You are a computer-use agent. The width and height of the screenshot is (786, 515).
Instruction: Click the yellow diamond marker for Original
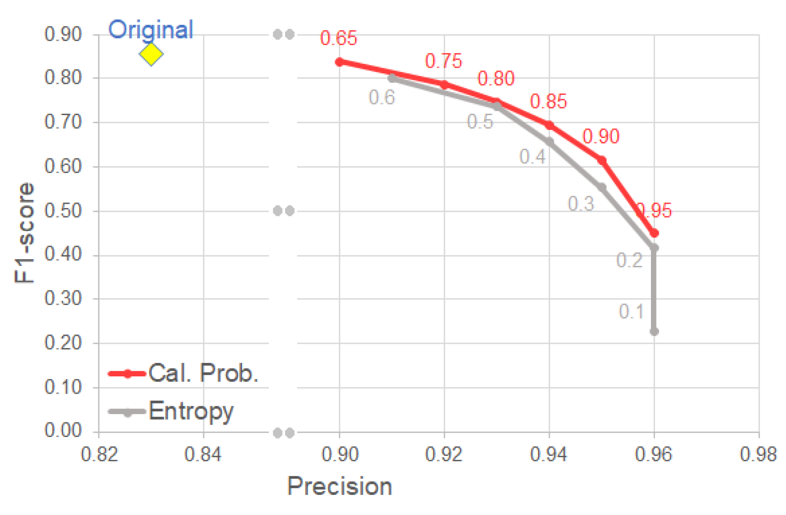click(151, 54)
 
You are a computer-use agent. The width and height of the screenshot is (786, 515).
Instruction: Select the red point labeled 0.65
click(340, 62)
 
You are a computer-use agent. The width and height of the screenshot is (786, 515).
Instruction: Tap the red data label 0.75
click(443, 61)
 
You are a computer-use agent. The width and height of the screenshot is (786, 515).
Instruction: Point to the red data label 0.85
click(548, 101)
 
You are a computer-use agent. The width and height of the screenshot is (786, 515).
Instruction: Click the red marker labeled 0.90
click(601, 160)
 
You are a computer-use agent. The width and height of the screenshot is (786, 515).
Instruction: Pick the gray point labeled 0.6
click(392, 78)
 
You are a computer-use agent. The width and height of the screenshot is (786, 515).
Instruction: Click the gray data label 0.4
click(532, 157)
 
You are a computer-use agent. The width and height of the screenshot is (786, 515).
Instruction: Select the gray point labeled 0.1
click(654, 331)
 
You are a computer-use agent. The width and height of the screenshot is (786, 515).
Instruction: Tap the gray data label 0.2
click(629, 260)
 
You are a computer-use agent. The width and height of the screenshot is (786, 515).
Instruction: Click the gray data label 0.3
click(581, 204)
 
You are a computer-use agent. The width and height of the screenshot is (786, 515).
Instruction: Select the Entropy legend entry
click(172, 411)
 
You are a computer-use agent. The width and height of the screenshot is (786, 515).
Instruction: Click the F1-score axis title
click(24, 232)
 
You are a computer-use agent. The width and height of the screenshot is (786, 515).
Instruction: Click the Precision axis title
click(339, 486)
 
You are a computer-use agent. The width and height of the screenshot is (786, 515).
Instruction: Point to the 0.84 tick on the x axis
click(203, 454)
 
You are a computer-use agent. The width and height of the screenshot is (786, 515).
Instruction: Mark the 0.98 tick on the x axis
click(758, 454)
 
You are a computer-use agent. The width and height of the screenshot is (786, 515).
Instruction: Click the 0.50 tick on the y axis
click(63, 211)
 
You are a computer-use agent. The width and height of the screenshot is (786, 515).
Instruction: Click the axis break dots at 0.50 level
click(283, 211)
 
